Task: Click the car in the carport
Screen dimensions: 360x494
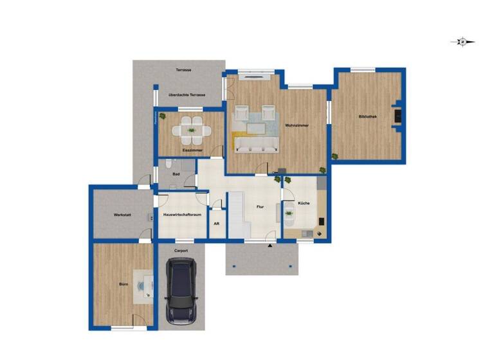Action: tap(181, 291)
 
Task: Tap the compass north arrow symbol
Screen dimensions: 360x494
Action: tap(462, 42)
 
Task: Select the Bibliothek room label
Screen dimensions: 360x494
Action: tap(368, 116)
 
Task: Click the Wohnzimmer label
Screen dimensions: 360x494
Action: tap(295, 125)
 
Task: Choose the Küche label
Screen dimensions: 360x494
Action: tap(304, 203)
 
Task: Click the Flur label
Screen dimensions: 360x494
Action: tap(260, 207)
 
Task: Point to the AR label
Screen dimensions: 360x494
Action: tap(216, 224)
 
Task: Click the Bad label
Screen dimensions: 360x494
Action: tap(176, 174)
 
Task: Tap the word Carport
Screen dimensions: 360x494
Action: tap(181, 250)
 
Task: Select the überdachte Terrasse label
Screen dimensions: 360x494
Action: tap(186, 95)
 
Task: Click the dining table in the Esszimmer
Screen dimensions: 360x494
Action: tap(191, 131)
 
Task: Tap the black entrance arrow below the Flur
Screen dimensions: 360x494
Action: tap(270, 246)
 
